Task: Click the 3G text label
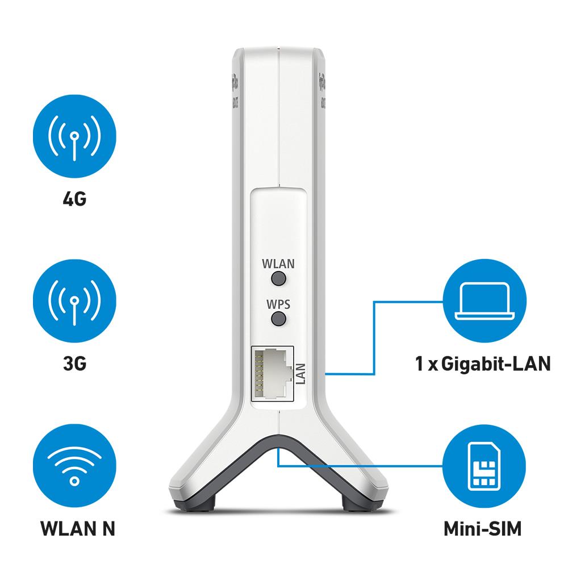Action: (x=74, y=363)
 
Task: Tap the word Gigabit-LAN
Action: (x=499, y=363)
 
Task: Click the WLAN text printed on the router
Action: (x=278, y=264)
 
